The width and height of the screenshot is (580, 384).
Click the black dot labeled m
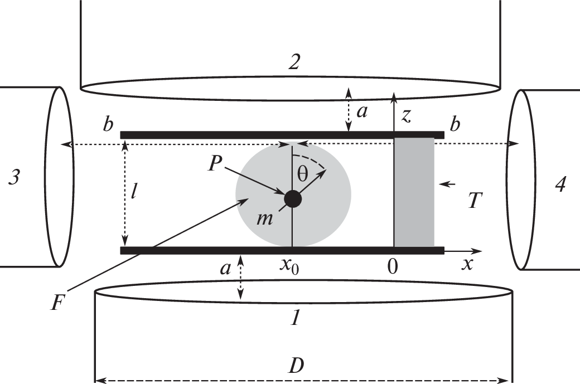(x=293, y=199)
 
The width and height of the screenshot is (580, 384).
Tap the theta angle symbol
(x=303, y=174)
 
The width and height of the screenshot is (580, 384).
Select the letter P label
(x=215, y=163)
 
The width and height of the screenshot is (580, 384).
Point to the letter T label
(x=475, y=201)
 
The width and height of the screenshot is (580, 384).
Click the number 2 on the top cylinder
(x=294, y=62)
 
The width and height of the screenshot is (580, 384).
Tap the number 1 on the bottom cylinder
(x=295, y=318)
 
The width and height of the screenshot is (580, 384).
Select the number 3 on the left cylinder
(x=14, y=177)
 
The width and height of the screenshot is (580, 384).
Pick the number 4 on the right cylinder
(x=560, y=184)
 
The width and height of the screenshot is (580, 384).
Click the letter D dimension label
(x=296, y=366)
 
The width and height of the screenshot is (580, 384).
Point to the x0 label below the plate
(x=289, y=265)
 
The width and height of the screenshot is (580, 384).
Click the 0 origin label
(x=393, y=266)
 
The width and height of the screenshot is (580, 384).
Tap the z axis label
(x=406, y=116)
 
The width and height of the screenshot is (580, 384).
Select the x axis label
(x=467, y=264)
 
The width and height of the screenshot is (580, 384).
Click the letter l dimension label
(x=133, y=191)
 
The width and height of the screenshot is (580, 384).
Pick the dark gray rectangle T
(x=414, y=192)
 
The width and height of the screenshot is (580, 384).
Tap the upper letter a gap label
(x=362, y=112)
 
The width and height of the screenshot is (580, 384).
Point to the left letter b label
(x=108, y=125)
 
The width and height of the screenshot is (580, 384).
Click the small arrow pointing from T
(x=446, y=184)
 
